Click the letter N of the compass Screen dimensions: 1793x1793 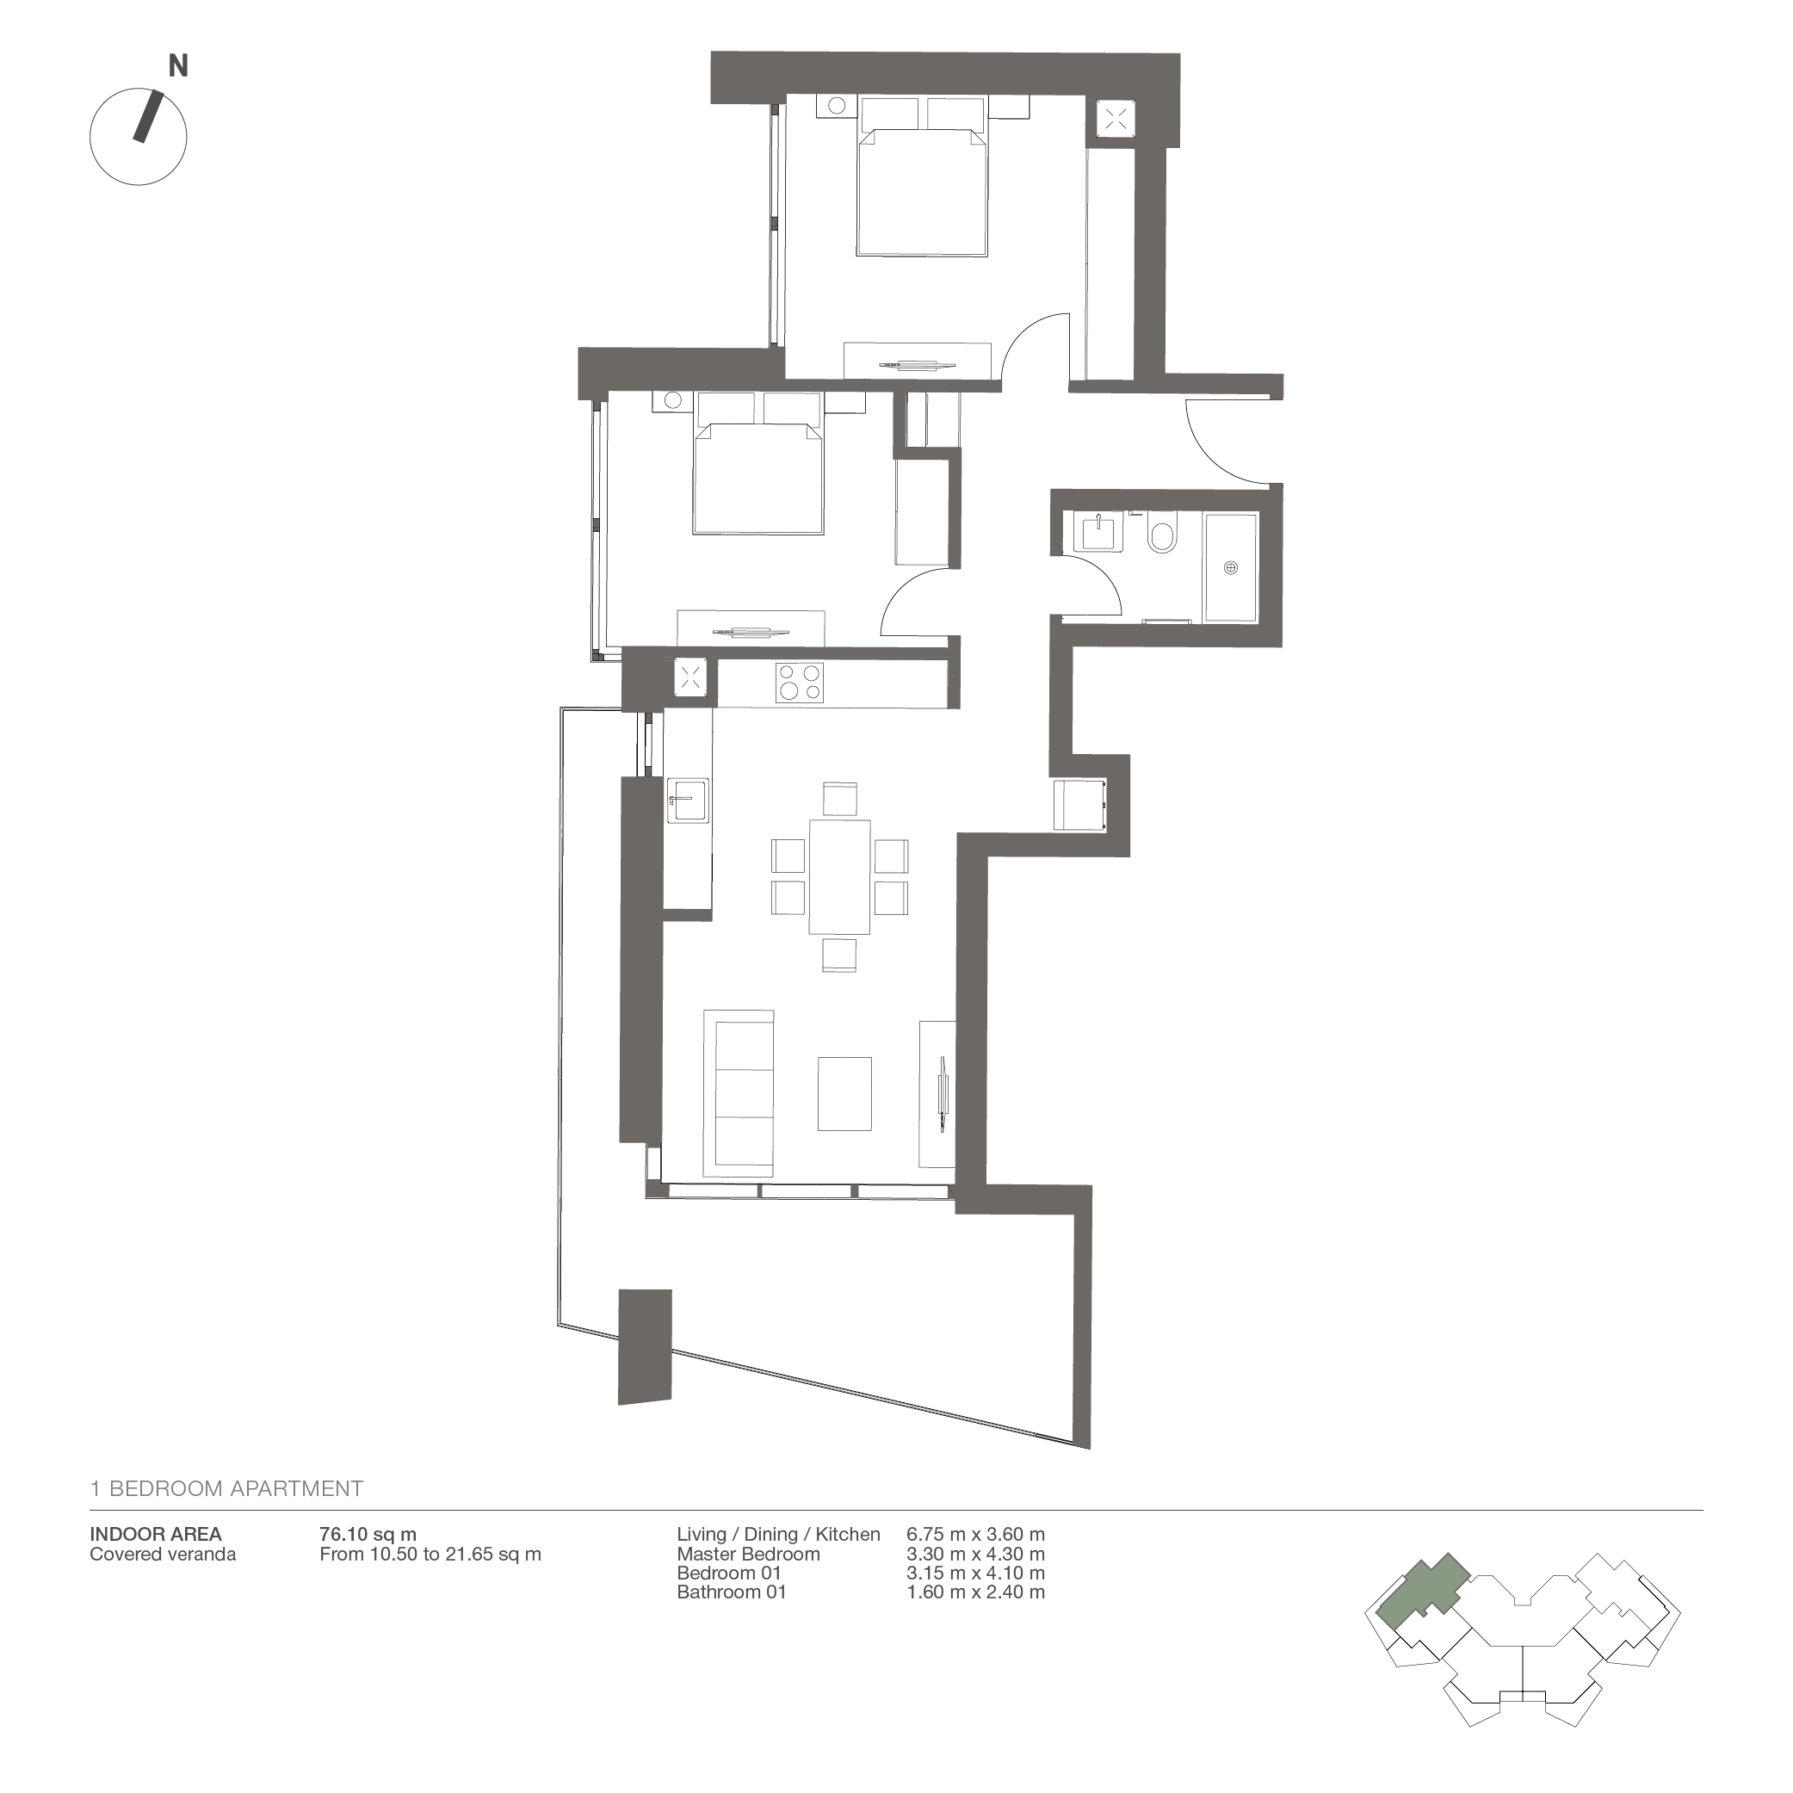[x=178, y=66]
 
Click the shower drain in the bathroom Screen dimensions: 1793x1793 [x=1231, y=567]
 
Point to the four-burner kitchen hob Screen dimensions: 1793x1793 [x=800, y=682]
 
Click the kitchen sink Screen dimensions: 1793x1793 [x=688, y=800]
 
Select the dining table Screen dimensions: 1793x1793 [x=840, y=877]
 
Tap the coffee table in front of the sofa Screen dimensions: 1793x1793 [x=844, y=1094]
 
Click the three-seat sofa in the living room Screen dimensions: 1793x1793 [x=739, y=1093]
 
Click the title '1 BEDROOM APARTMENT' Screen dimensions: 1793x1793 [x=226, y=1488]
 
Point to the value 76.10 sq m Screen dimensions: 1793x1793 [x=368, y=1535]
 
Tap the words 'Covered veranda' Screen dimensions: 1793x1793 [x=164, y=1555]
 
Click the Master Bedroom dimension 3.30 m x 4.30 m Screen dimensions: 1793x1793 [x=975, y=1555]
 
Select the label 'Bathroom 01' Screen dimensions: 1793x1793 [x=732, y=1592]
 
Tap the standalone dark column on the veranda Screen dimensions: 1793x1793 [x=645, y=1345]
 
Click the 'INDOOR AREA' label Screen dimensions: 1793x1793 [x=156, y=1535]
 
